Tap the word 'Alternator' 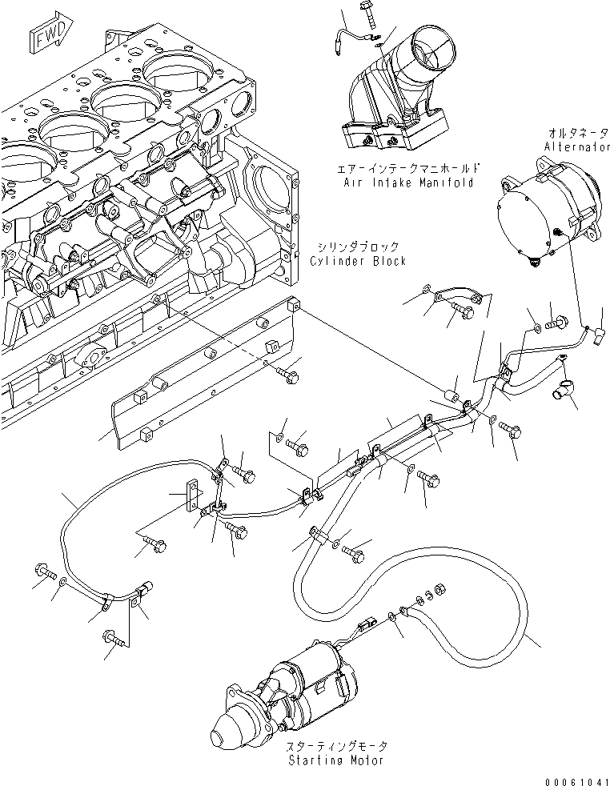pos(574,146)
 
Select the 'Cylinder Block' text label pos(357,261)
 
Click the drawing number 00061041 pos(572,777)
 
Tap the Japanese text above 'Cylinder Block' pos(357,247)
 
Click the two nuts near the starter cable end pos(434,593)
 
